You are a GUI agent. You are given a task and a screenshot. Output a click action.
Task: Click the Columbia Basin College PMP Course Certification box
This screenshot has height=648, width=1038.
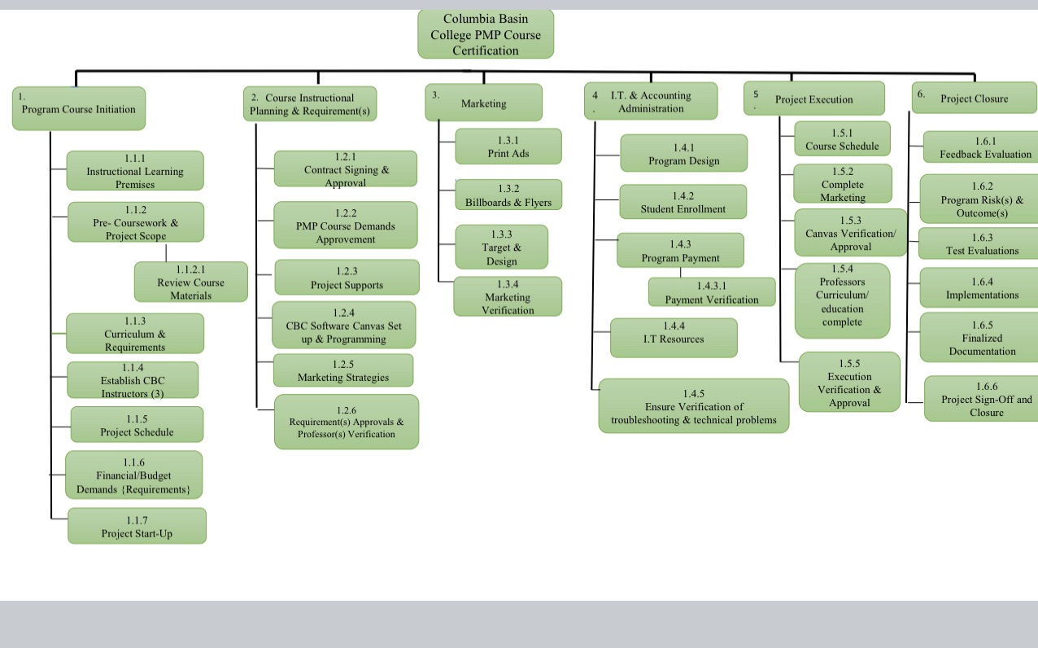tap(486, 34)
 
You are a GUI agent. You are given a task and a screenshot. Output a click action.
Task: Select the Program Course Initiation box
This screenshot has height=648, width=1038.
tap(79, 108)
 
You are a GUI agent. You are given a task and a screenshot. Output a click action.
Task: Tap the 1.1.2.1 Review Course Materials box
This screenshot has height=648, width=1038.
tap(191, 282)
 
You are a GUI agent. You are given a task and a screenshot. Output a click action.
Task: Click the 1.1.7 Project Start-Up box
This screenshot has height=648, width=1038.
tap(137, 526)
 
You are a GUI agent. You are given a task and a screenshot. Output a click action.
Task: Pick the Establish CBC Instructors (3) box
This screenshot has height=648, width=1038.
tap(133, 380)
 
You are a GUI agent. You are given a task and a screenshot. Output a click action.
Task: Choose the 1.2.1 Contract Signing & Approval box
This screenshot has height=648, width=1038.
tap(346, 169)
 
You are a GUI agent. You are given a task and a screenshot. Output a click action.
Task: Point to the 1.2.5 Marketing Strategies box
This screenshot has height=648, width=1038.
tap(343, 370)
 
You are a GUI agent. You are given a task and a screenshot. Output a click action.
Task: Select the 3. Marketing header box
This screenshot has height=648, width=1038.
tap(483, 103)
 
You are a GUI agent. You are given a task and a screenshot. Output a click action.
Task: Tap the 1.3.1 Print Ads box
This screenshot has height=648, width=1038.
tap(508, 147)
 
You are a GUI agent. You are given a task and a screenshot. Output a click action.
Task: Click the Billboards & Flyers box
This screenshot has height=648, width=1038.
tap(508, 195)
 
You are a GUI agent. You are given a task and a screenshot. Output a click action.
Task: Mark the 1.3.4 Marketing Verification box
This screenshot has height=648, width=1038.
tap(508, 296)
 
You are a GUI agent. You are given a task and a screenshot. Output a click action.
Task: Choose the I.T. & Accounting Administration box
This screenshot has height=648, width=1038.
tap(651, 102)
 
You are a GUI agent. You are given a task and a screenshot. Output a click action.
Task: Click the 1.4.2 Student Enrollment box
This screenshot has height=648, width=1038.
tap(683, 202)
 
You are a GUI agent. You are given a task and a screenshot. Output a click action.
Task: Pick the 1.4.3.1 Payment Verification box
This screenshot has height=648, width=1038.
tap(712, 292)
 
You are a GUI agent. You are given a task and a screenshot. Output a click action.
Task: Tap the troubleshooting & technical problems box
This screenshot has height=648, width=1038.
tap(694, 405)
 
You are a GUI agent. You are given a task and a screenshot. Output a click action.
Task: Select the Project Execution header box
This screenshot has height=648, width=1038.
tap(813, 99)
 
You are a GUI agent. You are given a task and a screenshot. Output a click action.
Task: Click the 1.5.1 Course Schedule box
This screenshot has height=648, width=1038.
tap(842, 139)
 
